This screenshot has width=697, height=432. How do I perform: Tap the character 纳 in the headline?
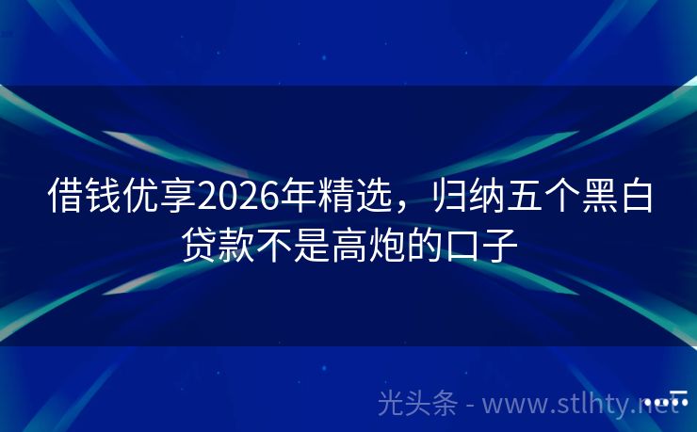coord(480,198)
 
